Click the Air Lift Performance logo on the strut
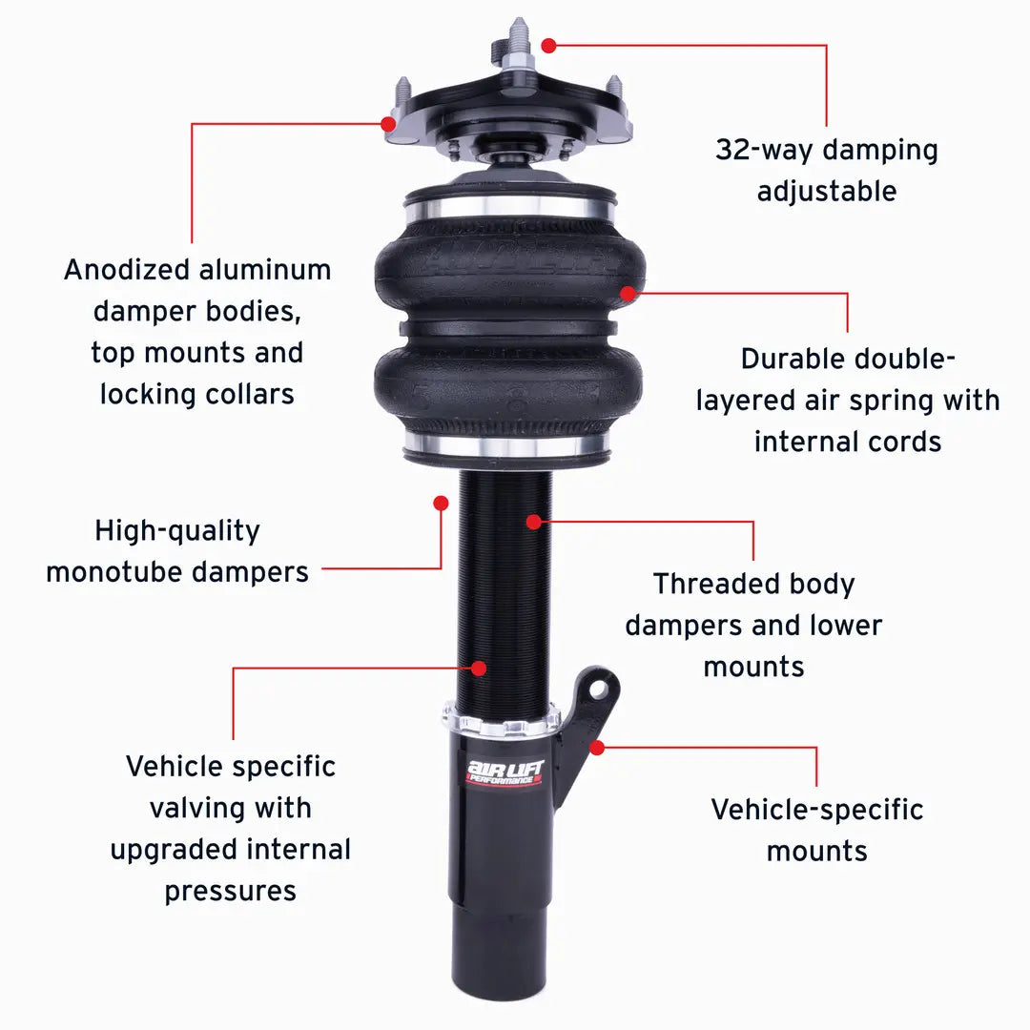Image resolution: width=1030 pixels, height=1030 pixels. click(504, 771)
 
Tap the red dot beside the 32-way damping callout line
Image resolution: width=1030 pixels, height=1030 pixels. click(548, 45)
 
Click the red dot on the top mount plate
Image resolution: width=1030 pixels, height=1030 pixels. click(388, 123)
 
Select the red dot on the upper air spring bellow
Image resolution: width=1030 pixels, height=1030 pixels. click(628, 293)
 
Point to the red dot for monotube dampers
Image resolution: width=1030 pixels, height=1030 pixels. click(441, 502)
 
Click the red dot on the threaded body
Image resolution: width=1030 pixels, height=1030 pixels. click(533, 522)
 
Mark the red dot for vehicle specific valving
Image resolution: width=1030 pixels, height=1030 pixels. click(478, 668)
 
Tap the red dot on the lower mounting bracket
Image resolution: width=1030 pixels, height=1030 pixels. click(596, 747)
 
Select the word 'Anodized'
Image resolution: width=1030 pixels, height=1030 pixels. click(127, 270)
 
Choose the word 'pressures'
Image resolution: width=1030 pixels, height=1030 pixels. click(230, 892)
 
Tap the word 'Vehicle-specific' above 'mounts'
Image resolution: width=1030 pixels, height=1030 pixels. click(817, 810)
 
